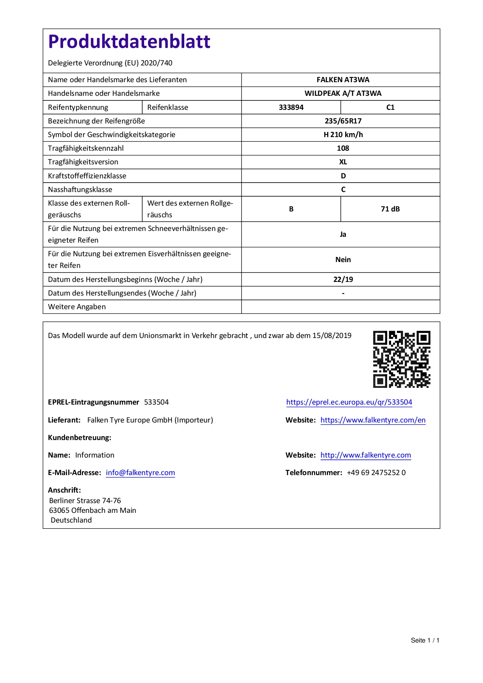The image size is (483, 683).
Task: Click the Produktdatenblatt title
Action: click(x=129, y=42)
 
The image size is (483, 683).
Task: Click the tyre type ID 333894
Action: click(x=291, y=107)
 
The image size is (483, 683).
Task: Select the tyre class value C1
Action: click(x=390, y=107)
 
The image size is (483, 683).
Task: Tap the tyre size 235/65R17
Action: click(x=343, y=121)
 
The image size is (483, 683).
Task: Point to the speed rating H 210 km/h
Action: click(x=343, y=135)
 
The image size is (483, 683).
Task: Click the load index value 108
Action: click(x=343, y=148)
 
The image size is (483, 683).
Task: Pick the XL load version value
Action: click(x=343, y=162)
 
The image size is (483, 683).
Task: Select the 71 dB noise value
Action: click(x=390, y=209)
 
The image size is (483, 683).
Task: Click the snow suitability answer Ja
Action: click(x=343, y=234)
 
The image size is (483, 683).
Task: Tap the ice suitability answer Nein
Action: click(x=343, y=260)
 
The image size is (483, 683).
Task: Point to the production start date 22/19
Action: click(x=343, y=280)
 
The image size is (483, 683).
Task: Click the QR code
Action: click(x=402, y=359)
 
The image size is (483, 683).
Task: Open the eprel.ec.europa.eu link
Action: click(x=349, y=402)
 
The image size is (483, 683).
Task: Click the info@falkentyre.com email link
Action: click(x=140, y=473)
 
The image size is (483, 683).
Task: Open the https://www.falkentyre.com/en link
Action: click(x=373, y=420)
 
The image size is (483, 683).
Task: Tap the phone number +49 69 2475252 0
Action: click(x=376, y=473)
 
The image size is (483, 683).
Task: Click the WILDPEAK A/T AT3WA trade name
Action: click(x=343, y=93)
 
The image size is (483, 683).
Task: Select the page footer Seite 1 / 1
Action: click(x=425, y=641)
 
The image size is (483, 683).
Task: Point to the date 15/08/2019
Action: click(x=332, y=336)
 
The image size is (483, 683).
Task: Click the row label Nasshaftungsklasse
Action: click(x=80, y=190)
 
